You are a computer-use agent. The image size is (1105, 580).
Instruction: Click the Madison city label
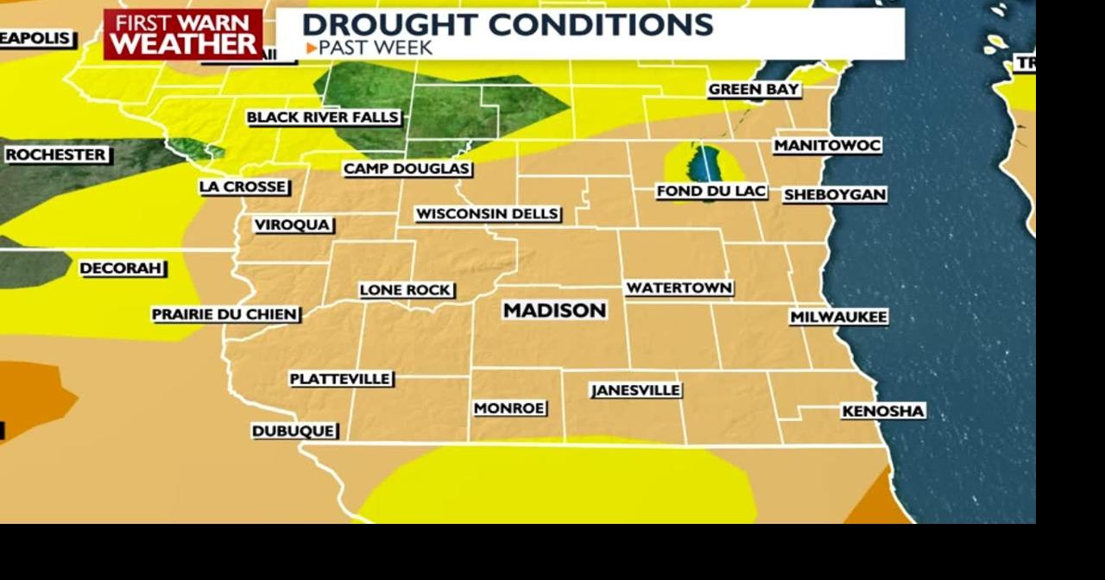coord(554,311)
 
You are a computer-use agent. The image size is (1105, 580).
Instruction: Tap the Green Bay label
coord(754,90)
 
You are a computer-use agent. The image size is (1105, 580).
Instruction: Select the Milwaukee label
coord(838,318)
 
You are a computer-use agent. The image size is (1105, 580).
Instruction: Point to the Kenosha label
coord(883,412)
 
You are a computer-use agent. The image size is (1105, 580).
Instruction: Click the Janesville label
coord(636,391)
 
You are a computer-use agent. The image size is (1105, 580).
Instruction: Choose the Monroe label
coord(509,408)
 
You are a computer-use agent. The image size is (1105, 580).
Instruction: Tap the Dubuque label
coord(294,431)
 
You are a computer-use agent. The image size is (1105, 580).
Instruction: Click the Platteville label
coord(340,379)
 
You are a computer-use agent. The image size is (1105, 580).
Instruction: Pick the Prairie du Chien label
coord(225,315)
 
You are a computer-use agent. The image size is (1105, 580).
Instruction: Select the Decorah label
coord(122,268)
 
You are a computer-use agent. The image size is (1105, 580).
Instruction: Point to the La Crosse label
coord(243,186)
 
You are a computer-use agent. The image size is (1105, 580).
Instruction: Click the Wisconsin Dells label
coord(488,214)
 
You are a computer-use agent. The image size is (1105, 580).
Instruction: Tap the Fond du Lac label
coord(711,192)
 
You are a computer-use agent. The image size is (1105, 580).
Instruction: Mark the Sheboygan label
coord(835,195)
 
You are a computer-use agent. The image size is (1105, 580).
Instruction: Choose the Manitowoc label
coord(827,146)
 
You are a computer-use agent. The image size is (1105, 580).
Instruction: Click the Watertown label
coord(679,288)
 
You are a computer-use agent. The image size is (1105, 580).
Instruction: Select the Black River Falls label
coord(323,117)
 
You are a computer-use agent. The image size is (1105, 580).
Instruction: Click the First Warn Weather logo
coord(183,35)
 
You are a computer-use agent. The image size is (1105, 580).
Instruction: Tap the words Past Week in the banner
coord(375,48)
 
